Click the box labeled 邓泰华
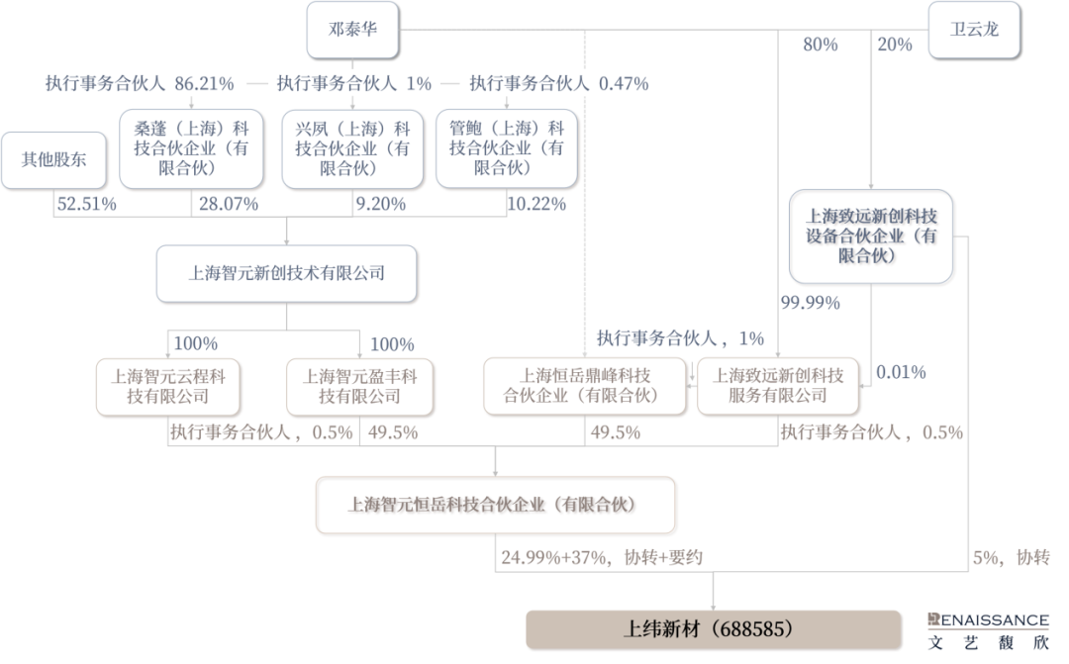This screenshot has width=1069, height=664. coord(351,29)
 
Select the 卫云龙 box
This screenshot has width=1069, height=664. coord(974,29)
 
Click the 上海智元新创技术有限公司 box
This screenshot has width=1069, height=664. coord(286,273)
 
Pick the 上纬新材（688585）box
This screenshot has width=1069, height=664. coord(713,628)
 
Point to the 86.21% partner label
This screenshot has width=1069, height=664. coord(140,84)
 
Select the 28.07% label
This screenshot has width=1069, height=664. coord(229,205)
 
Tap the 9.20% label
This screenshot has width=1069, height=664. coord(380,205)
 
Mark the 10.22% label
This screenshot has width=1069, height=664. coord(535,205)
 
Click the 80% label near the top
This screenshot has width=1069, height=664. coord(821,46)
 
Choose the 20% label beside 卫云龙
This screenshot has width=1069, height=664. coord(895,46)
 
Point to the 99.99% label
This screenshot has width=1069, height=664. coord(810,302)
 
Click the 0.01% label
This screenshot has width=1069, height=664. coord(901,373)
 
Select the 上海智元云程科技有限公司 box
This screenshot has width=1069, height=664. coord(167,386)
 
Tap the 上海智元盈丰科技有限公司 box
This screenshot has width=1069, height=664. coord(359,386)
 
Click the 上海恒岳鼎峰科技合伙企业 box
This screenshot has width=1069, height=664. coord(584,386)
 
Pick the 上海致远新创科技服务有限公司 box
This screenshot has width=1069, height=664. coord(778,386)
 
